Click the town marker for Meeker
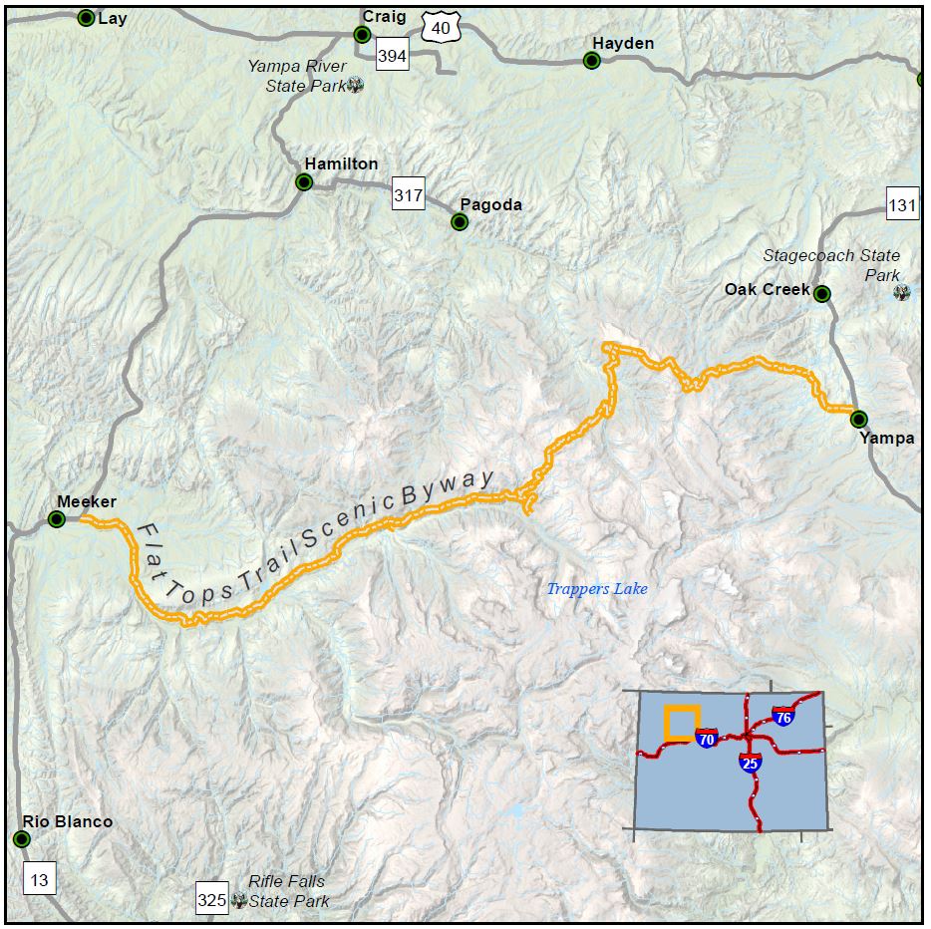(x=57, y=519)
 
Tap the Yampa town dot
(x=858, y=420)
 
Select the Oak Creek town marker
(x=821, y=293)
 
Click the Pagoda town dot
(x=460, y=222)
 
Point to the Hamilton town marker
(x=304, y=182)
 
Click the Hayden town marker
(x=591, y=61)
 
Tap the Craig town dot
(x=363, y=34)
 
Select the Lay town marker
(x=87, y=18)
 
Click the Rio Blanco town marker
(x=22, y=839)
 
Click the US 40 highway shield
(x=441, y=28)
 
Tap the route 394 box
(x=392, y=56)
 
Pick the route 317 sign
(x=408, y=195)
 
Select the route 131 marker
(x=902, y=205)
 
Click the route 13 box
(x=39, y=880)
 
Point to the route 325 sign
(x=212, y=899)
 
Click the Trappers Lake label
(x=597, y=589)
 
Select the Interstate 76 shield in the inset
(x=782, y=717)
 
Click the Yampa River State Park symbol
(x=355, y=86)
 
